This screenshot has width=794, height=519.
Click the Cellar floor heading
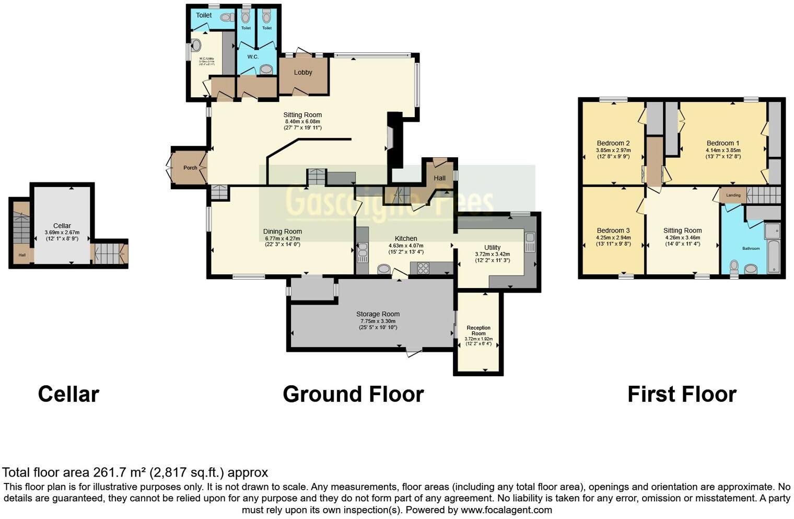[68, 394]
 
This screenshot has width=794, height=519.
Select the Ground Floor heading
[353, 394]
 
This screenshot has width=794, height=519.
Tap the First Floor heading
[682, 394]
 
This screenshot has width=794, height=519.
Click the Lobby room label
[303, 73]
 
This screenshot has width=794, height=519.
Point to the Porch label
[190, 168]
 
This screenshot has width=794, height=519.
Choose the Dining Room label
[282, 232]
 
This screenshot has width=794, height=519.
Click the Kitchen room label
[406, 238]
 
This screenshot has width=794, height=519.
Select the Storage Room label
[378, 314]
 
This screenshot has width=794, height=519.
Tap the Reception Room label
[478, 331]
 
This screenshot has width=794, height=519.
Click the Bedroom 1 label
[723, 143]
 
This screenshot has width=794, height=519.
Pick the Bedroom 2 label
[613, 143]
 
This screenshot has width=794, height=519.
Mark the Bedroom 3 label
[613, 230]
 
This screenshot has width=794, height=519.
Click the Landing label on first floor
[733, 195]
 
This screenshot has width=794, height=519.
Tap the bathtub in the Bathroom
[773, 256]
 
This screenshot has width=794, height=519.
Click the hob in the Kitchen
[423, 269]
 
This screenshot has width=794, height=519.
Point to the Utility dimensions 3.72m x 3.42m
[492, 255]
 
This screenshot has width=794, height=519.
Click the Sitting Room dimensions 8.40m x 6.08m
[302, 122]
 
